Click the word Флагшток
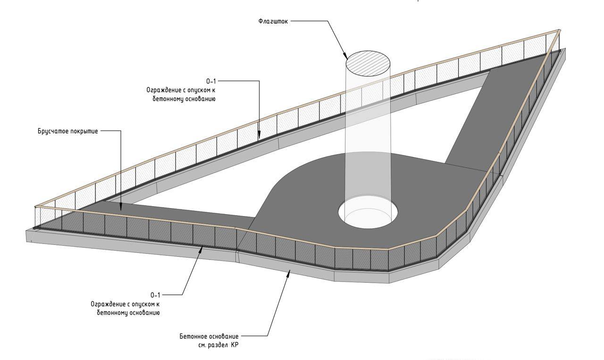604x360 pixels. coord(273,21)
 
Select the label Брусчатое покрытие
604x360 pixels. coord(67,132)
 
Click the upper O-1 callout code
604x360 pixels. coord(211,81)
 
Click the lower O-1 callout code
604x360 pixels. coord(155,295)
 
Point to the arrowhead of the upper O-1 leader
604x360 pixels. coord(259,135)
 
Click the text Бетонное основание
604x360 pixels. coord(209,336)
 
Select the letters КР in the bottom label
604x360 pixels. coord(235,345)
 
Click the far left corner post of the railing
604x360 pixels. coord(35,218)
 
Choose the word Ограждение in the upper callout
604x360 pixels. coord(162,90)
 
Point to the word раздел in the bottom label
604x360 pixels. coord(217,345)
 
